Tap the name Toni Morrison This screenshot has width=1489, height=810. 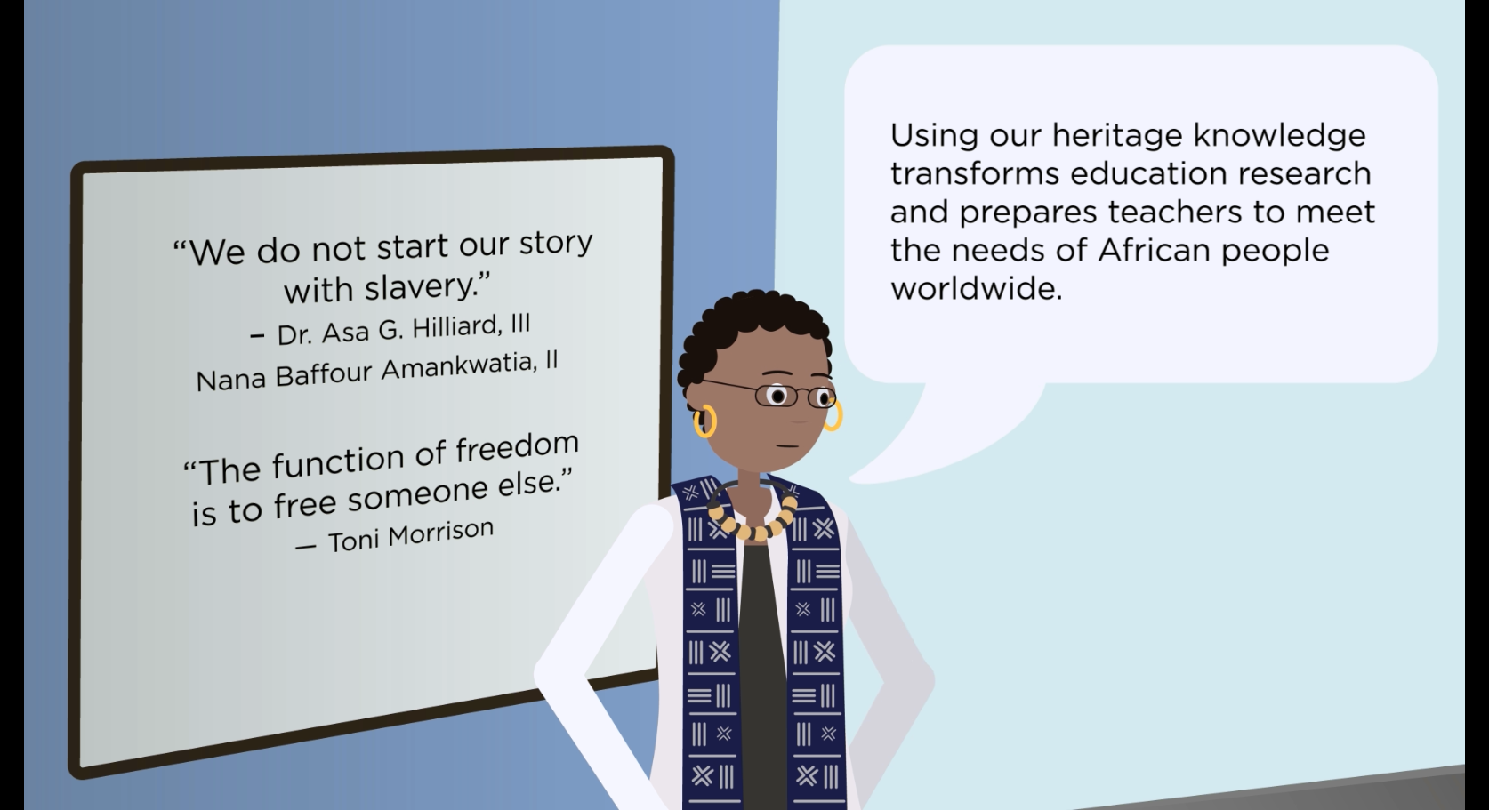[x=411, y=535]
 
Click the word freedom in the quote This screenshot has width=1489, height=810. [x=517, y=448]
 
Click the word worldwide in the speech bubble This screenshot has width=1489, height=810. [x=976, y=289]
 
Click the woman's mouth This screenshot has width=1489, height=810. [x=786, y=446]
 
